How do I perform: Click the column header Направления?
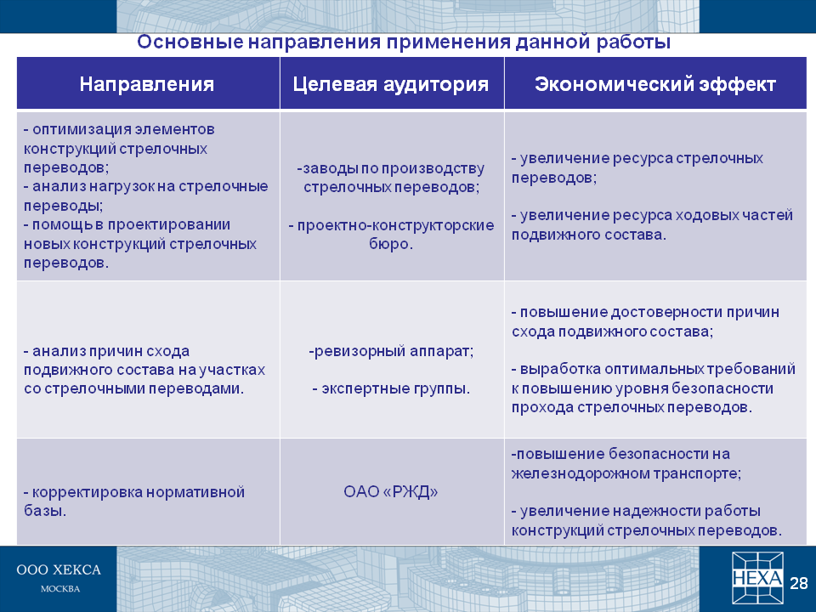[147, 84]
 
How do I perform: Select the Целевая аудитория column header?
[391, 84]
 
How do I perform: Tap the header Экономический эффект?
[655, 84]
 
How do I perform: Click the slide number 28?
[799, 583]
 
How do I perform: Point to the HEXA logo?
[757, 578]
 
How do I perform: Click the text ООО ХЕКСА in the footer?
[59, 569]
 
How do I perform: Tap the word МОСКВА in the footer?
[60, 589]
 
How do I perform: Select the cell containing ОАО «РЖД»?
[391, 492]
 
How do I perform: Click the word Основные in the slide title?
[190, 42]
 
